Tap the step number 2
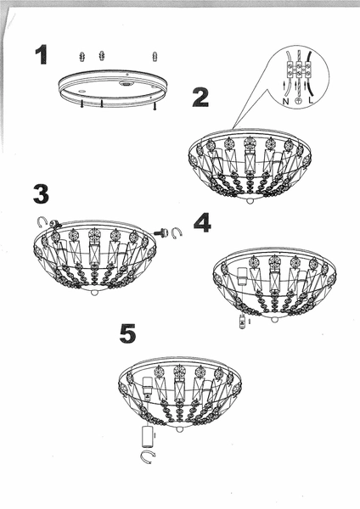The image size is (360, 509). click(200, 97)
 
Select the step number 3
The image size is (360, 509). click(41, 193)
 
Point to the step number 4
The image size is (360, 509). click(202, 222)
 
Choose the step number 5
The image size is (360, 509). click(127, 333)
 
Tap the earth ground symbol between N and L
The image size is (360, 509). click(298, 100)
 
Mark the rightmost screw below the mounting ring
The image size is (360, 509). click(155, 107)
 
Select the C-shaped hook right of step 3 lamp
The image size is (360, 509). click(177, 232)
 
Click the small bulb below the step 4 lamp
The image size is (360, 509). click(242, 322)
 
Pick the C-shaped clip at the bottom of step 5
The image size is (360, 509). click(149, 459)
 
